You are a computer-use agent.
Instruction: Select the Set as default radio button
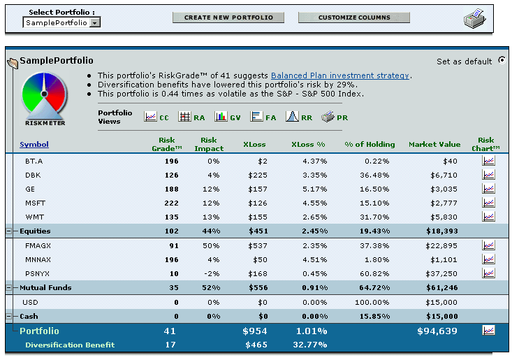pos(502,61)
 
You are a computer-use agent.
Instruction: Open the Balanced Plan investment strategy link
pos(339,75)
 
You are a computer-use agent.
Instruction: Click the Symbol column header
pos(34,145)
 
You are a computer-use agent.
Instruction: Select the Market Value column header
pos(434,145)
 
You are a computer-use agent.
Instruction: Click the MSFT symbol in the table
pos(34,203)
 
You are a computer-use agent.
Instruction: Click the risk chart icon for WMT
pos(488,217)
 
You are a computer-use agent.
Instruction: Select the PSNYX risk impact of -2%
pos(213,273)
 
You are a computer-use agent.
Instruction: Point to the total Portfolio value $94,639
pos(437,331)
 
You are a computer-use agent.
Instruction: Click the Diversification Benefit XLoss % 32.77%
pos(309,345)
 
